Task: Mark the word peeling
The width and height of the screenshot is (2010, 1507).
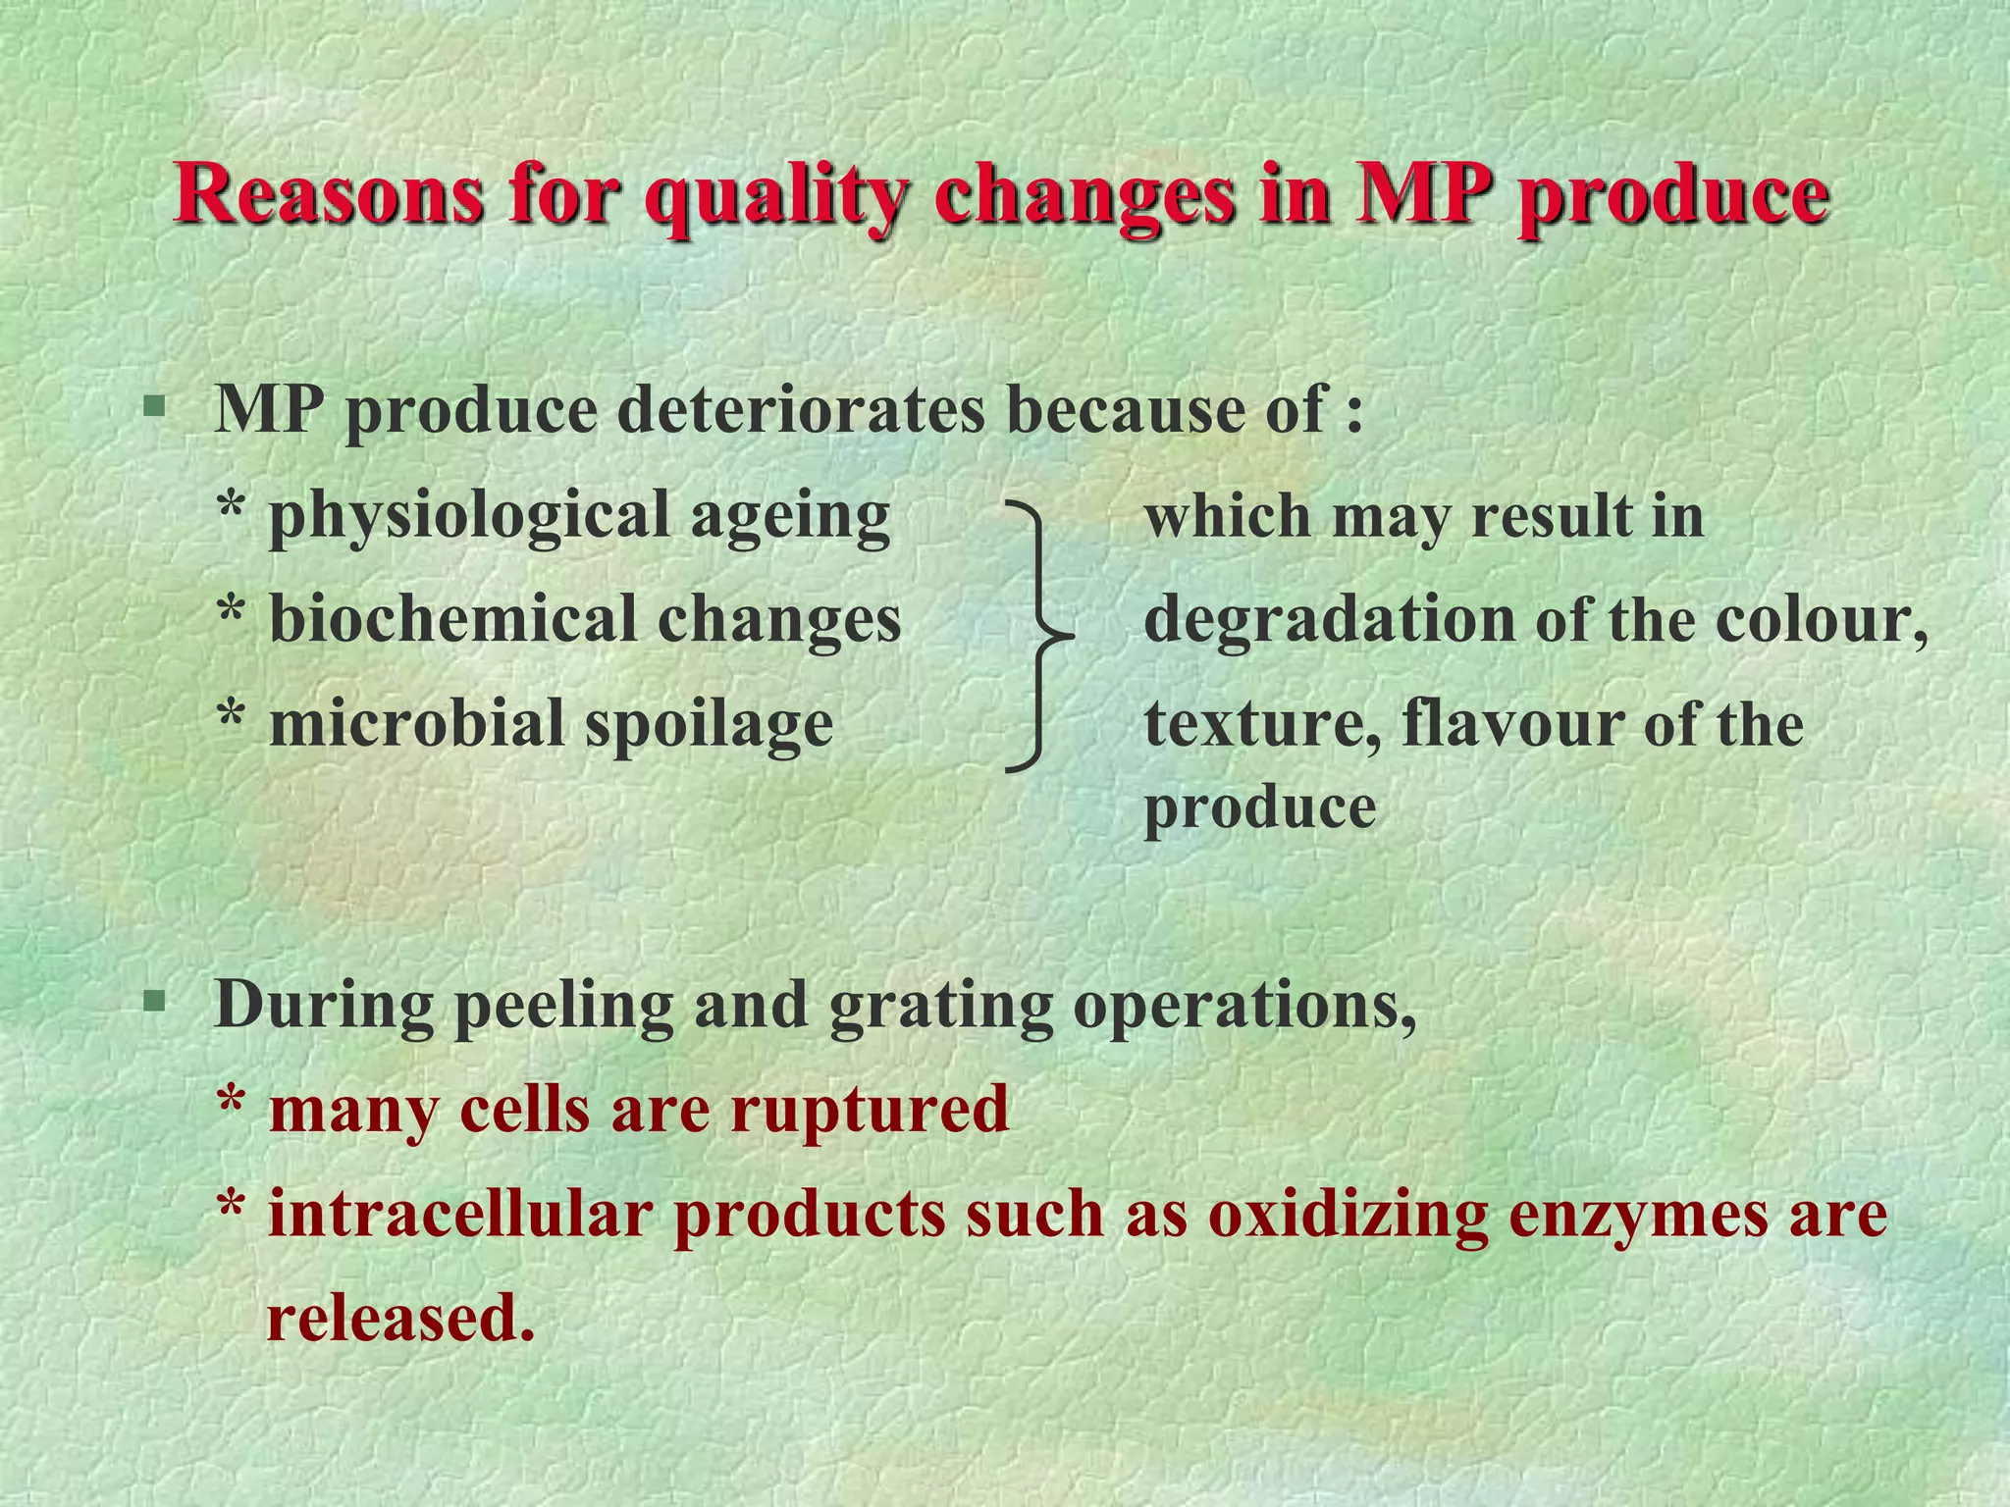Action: coord(563,1007)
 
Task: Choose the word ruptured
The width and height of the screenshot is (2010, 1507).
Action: coord(869,1111)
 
